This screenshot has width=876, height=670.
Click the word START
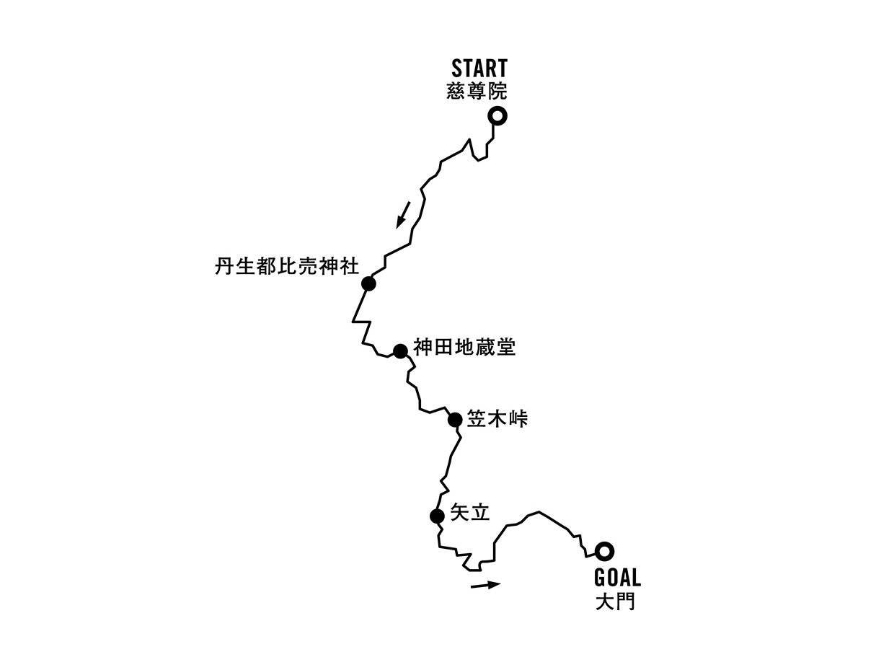coord(479,69)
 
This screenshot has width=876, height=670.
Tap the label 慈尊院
coord(477,92)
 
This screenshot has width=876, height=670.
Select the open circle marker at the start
coord(497,115)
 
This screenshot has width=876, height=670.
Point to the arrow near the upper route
coord(403,214)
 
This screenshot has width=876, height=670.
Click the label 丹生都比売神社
coord(286,266)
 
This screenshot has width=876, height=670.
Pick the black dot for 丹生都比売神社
coord(368,283)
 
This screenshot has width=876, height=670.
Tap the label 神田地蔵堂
coord(465,348)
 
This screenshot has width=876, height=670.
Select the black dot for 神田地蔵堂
coord(400,351)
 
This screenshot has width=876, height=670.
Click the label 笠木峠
coord(497,418)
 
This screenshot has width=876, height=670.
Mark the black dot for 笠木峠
coord(455,420)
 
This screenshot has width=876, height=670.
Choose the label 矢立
coord(469,513)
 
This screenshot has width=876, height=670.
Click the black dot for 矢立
coord(436,516)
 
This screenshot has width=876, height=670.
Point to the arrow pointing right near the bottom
coord(485,585)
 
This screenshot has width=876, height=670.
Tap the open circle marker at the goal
coord(606,551)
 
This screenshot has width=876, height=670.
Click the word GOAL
coord(617,578)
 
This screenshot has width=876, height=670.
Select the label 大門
coord(616,601)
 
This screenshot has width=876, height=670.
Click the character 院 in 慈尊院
coord(497,92)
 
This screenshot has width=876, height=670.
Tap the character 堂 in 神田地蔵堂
coord(506,348)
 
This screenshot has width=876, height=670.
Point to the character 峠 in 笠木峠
coord(518,418)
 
